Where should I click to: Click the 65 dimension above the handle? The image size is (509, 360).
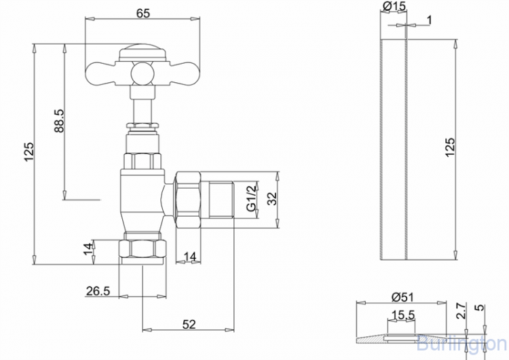coord(143,14)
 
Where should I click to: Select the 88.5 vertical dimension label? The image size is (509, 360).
coord(60,120)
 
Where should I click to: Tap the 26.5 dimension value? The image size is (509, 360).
coord(98,291)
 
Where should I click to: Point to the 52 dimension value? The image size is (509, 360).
coord(189,324)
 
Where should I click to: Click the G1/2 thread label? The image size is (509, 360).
coord(252,198)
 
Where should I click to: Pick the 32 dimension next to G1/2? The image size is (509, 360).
coord(271,198)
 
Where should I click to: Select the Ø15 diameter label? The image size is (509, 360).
coord(394,6)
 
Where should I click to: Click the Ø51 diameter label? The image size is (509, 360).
coord(402,297)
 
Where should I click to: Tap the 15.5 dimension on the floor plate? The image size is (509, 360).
coord(403,315)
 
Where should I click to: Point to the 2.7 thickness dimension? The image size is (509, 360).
coord(461,311)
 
